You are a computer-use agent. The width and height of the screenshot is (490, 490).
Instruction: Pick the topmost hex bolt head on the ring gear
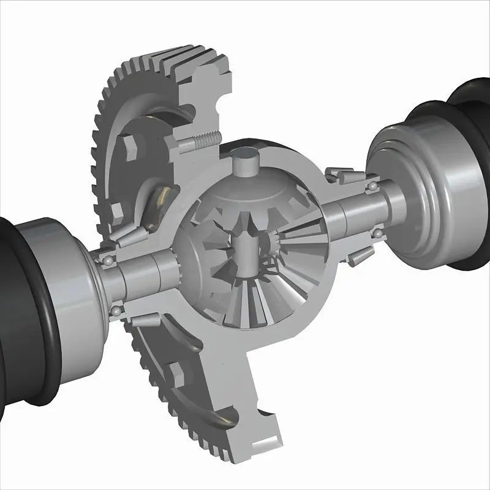click(x=130, y=146)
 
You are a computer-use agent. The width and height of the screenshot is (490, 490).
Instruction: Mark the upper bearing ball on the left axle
click(x=108, y=261)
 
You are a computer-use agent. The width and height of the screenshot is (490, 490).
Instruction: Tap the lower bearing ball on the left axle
click(x=115, y=312)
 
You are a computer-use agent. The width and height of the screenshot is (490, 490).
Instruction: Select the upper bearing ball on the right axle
click(x=372, y=184)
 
